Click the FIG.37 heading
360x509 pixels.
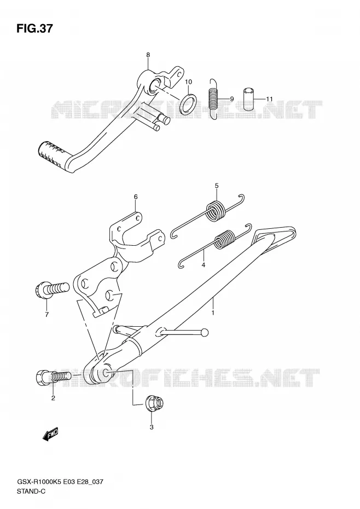coord(34,28)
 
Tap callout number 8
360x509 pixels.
coord(148,55)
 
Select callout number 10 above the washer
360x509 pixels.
coord(189,82)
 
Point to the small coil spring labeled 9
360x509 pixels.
coord(213,99)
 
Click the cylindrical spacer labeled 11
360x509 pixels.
coord(248,99)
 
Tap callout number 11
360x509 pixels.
coord(269,99)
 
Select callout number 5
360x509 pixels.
coord(217,186)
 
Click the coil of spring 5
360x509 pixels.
coord(216,211)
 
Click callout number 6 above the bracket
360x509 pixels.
coord(136,196)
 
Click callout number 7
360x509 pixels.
coord(47,314)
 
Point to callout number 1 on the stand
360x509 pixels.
coord(213,313)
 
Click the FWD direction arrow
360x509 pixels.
coord(50,434)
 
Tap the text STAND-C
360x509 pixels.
coord(31,491)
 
